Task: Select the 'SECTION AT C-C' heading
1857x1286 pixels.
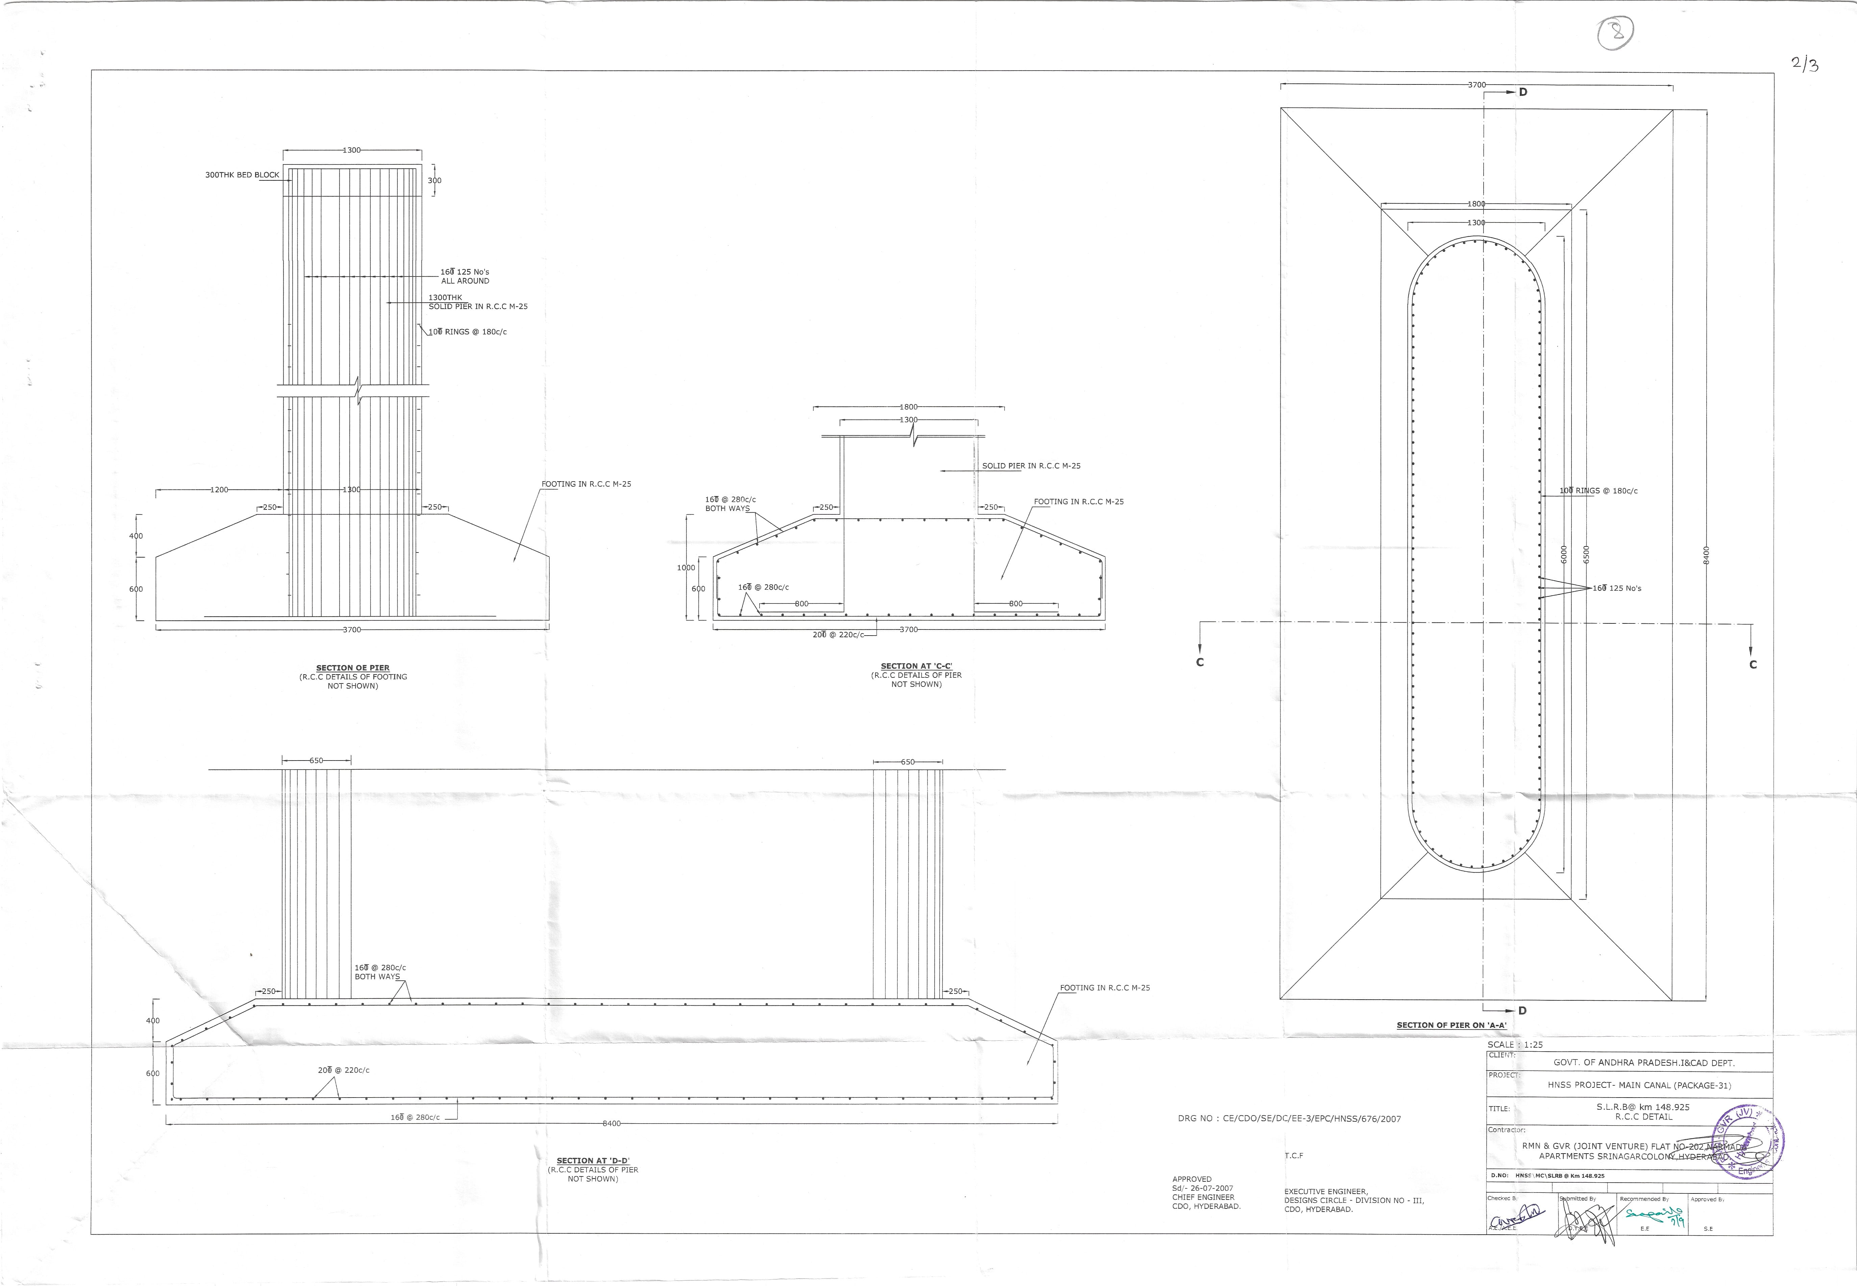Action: (916, 666)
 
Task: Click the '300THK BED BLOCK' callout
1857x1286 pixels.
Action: (242, 175)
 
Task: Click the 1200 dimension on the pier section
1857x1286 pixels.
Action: (218, 490)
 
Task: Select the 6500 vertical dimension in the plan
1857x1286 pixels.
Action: (1586, 555)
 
